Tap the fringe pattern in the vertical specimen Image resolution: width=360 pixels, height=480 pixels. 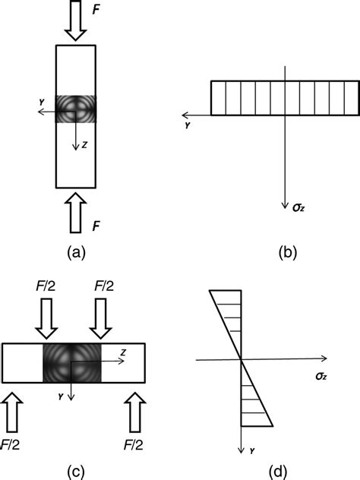tap(76, 111)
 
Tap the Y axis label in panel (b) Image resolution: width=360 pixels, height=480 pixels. tap(187, 125)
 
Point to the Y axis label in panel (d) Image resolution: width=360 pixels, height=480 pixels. tap(250, 450)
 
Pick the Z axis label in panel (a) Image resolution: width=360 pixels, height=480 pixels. tap(86, 147)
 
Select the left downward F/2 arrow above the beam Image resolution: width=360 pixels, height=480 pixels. tap(46, 318)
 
